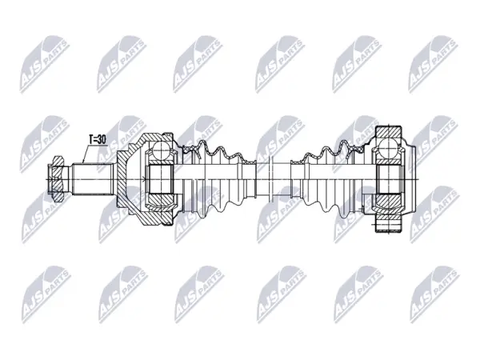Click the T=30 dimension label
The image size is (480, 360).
pos(97,139)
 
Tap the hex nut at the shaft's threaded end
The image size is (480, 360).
pos(56,178)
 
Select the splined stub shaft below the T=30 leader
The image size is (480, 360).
pos(94,178)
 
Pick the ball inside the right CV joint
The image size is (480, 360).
pos(387,148)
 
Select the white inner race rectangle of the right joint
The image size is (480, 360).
pos(389,178)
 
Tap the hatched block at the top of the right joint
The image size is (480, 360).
pos(388,132)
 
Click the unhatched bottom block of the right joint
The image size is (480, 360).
pos(388,226)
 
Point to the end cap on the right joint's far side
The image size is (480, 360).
pos(411,178)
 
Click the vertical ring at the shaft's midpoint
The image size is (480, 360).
pos(270,178)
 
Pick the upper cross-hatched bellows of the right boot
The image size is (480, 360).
pos(330,151)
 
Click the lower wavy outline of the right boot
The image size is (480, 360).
pos(330,206)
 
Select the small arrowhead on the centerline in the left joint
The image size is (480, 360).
pos(143,178)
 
